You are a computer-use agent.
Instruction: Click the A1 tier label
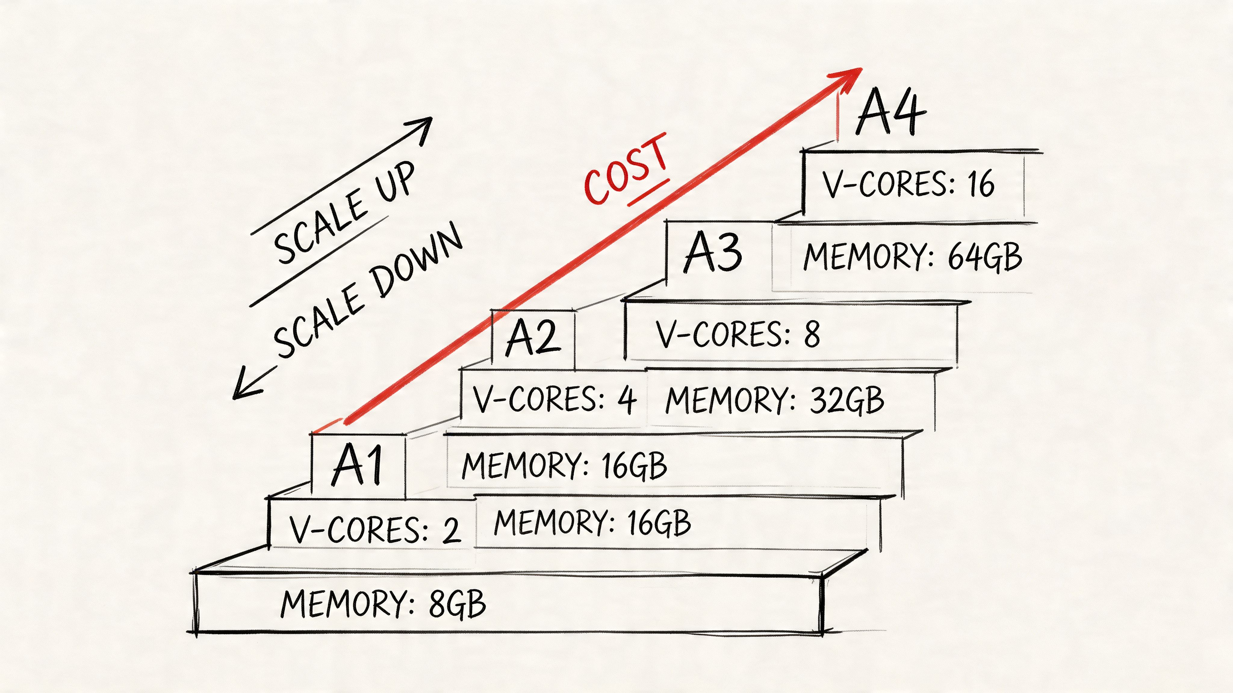click(358, 465)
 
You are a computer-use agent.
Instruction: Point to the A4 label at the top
click(890, 112)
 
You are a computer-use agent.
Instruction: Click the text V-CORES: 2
click(374, 529)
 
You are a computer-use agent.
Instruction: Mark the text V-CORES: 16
click(908, 184)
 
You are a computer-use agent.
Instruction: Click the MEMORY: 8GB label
click(383, 604)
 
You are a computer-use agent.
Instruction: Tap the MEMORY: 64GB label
click(912, 257)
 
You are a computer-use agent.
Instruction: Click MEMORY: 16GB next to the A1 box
click(564, 465)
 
